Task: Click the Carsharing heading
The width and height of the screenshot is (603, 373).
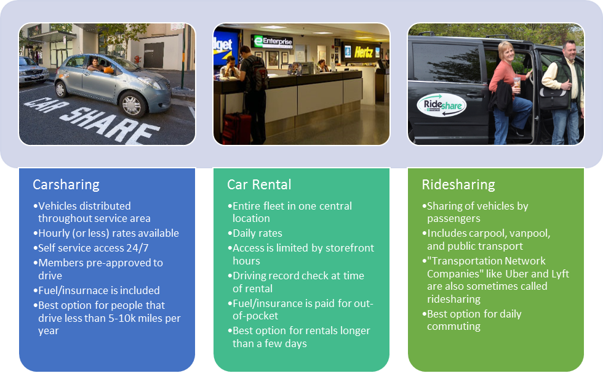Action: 66,184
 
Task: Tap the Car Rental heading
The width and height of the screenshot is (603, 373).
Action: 259,184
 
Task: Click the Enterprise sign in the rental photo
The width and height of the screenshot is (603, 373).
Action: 274,42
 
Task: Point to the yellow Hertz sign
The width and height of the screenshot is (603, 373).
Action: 364,52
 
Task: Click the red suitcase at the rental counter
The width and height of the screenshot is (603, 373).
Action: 234,128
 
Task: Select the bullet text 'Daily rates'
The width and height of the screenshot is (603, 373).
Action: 257,234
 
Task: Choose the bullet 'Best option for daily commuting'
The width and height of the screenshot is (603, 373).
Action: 474,320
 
